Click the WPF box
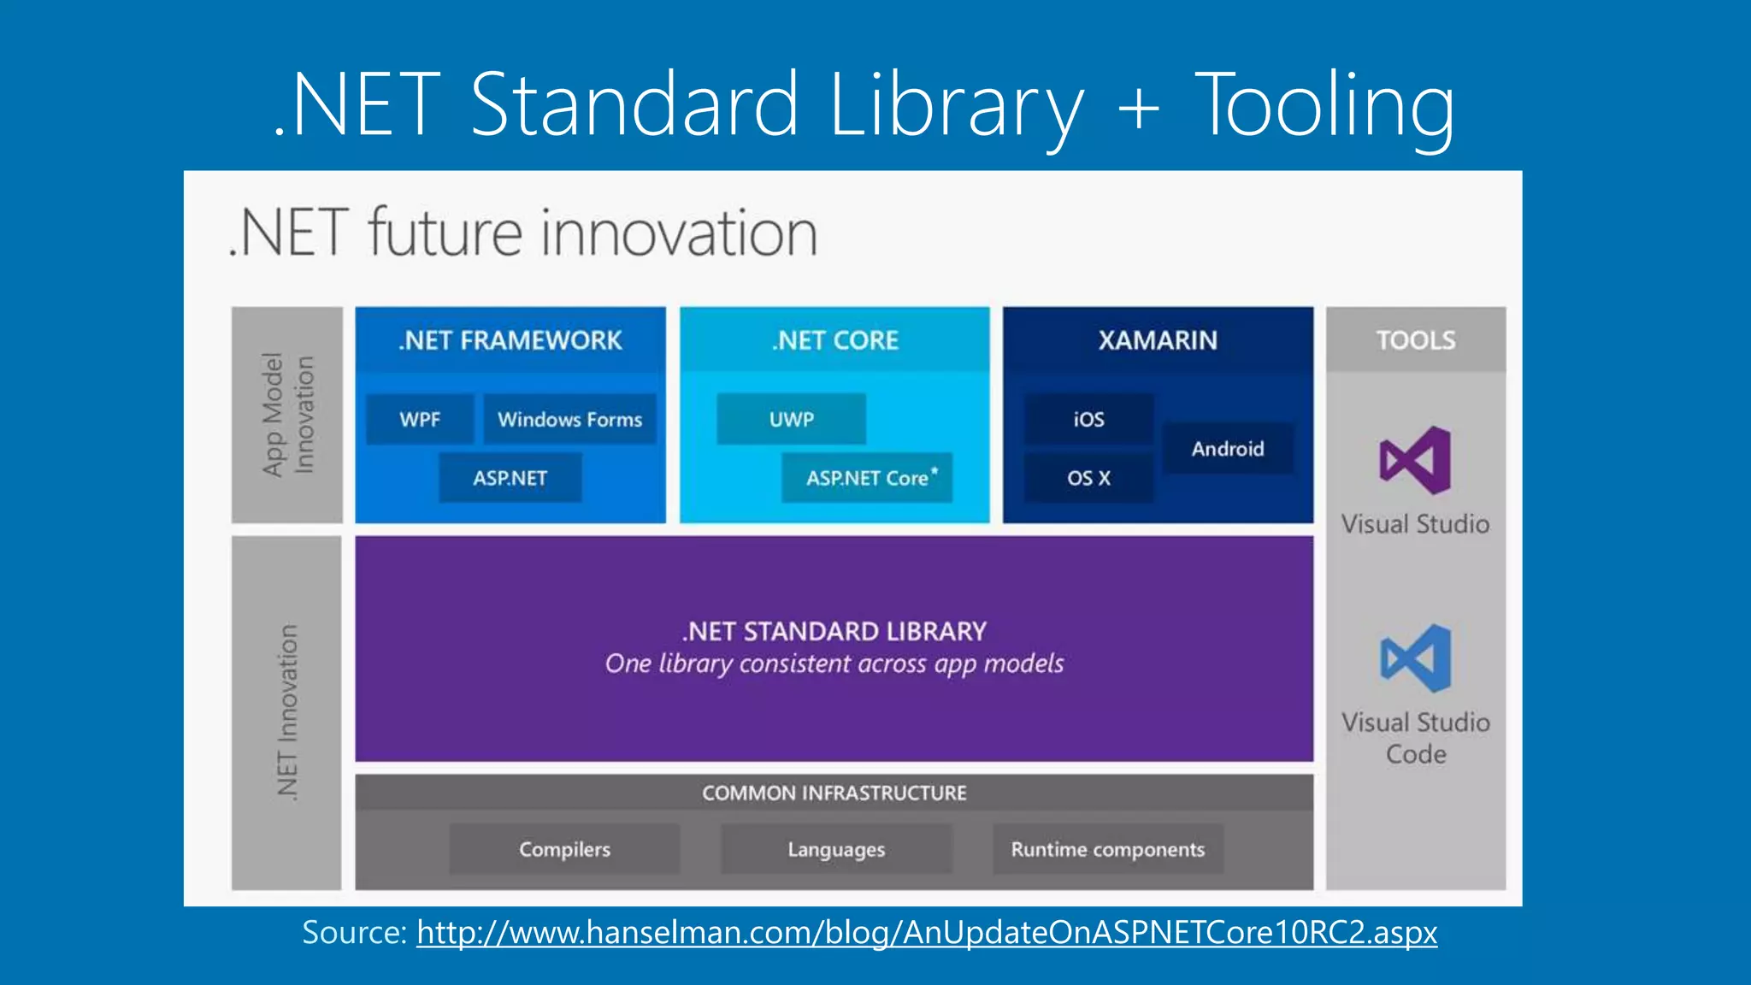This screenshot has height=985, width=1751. (420, 419)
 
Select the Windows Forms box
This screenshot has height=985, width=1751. (569, 419)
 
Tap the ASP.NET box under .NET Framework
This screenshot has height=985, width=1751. (510, 478)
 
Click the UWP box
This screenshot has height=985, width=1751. (791, 419)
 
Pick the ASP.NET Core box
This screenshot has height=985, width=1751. (867, 478)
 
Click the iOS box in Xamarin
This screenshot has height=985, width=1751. (1088, 419)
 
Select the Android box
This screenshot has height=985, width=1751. (1228, 449)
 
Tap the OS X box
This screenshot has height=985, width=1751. (1088, 478)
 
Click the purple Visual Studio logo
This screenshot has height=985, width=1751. (1416, 461)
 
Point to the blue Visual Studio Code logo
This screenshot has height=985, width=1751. (1416, 658)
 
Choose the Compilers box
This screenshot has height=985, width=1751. (564, 849)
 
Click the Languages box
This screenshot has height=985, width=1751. (836, 849)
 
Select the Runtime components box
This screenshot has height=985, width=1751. (1108, 849)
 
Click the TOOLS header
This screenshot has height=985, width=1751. (1416, 340)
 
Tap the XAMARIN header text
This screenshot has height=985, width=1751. (1158, 340)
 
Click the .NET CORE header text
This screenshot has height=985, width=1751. (835, 340)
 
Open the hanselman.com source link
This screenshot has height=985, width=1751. (927, 932)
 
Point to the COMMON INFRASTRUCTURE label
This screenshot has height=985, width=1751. (834, 793)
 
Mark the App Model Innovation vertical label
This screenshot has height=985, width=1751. (287, 415)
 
